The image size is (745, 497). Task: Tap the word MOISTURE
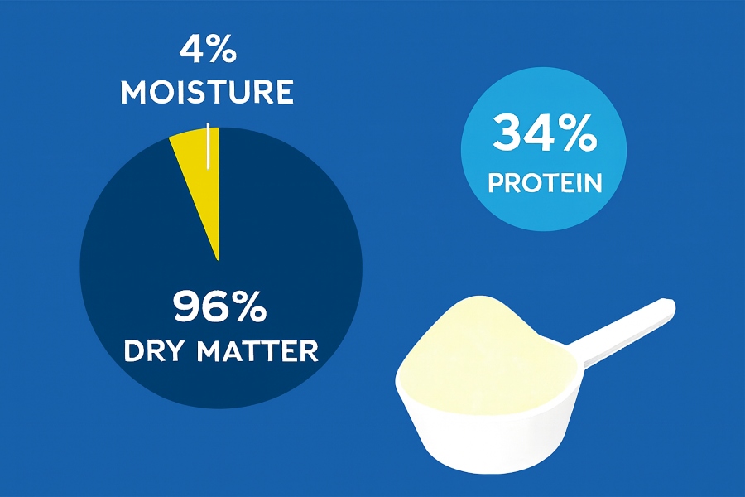click(206, 92)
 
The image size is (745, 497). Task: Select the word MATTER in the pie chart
click(258, 350)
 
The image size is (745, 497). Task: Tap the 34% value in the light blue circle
click(544, 134)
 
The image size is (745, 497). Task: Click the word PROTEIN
click(544, 183)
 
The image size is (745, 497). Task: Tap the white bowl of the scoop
click(464, 422)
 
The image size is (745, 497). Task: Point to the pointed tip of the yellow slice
click(218, 259)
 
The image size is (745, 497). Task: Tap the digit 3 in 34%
click(507, 134)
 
